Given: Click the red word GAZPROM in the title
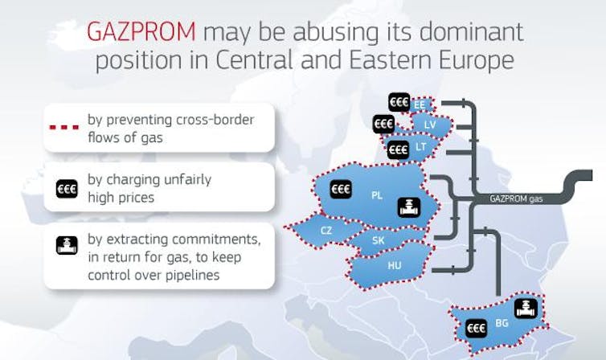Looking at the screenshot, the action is [x=141, y=31].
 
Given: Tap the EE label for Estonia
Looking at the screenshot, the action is [x=420, y=105].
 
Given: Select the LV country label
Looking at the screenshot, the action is [x=430, y=125].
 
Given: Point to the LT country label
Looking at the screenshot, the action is [x=421, y=147].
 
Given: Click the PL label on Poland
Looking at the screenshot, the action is [x=377, y=195].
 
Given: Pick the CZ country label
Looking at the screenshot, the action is [x=326, y=231].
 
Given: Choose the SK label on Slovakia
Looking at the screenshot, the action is [x=379, y=240].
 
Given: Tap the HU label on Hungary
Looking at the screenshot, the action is [x=395, y=265].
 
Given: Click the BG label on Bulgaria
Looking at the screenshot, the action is [x=502, y=323].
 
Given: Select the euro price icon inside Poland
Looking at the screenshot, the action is [x=342, y=189].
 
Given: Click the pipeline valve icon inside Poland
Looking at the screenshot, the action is [x=409, y=207].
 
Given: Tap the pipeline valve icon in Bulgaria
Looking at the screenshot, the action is [x=526, y=309].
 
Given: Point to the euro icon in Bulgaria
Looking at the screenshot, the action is [x=476, y=329].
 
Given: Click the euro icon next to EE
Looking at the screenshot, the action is [x=399, y=102].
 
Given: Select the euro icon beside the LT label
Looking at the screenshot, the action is [x=398, y=149].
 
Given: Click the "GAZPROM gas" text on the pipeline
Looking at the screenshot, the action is [x=516, y=199].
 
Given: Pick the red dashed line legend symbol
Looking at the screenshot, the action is [x=64, y=127].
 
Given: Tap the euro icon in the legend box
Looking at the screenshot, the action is [x=67, y=190].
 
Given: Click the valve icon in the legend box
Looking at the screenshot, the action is [x=67, y=246].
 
